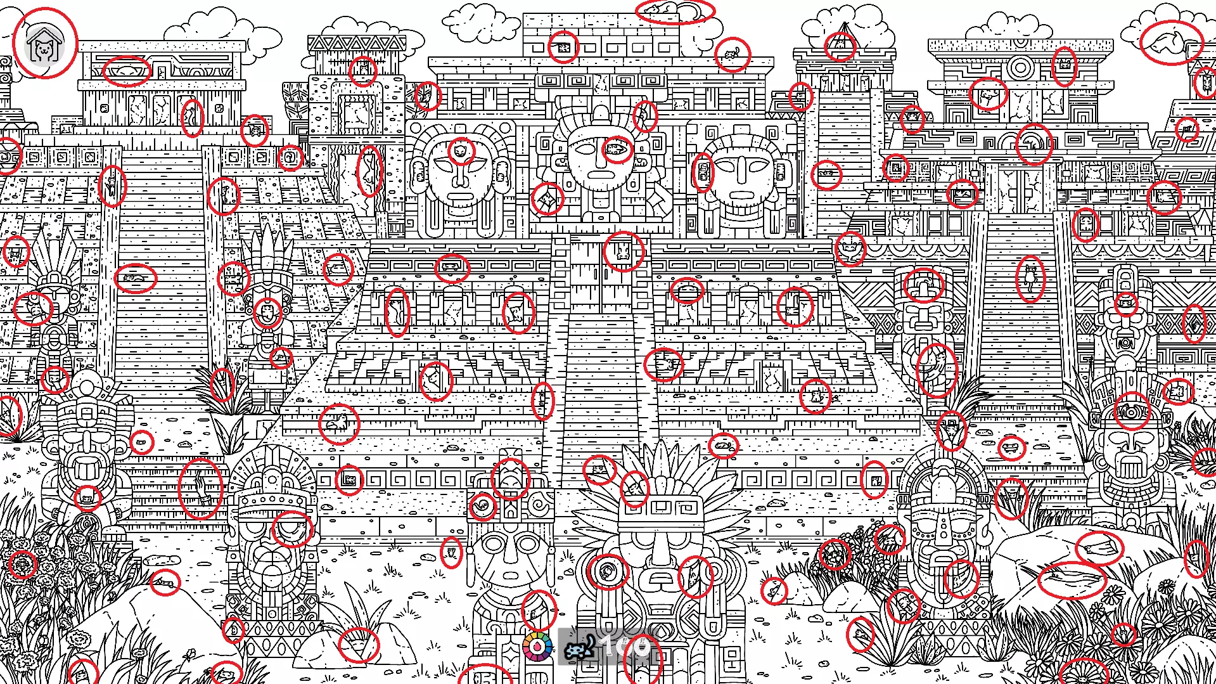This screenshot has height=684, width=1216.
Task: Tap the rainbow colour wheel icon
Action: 537,647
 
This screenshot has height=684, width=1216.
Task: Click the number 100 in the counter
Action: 625,647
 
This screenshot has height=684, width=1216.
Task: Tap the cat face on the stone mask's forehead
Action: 461,152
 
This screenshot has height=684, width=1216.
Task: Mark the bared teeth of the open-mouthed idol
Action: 87,469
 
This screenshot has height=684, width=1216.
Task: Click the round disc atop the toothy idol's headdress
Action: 87,383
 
